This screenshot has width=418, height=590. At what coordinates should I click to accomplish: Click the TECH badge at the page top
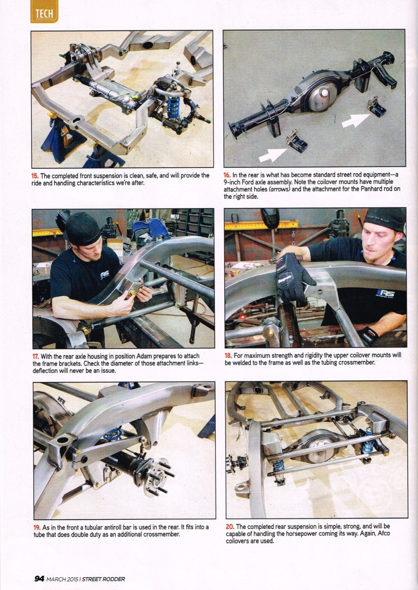tap(44, 12)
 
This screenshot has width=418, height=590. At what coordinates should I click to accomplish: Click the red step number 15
tap(35, 176)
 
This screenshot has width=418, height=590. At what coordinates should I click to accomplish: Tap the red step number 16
tap(227, 175)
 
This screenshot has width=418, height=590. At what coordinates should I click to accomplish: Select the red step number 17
tap(35, 356)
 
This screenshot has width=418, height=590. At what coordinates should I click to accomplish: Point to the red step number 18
tap(228, 355)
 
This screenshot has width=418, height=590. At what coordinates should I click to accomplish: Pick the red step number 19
tap(37, 527)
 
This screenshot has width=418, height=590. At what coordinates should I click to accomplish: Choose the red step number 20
tap(229, 527)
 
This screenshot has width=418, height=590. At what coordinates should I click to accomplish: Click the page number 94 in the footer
tap(39, 578)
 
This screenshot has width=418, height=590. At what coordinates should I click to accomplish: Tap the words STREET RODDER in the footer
tap(103, 579)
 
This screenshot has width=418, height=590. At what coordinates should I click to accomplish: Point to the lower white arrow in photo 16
tap(273, 154)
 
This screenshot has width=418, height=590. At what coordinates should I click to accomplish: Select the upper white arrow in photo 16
tap(356, 120)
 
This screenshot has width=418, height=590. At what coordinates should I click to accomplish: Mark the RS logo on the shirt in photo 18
tap(385, 293)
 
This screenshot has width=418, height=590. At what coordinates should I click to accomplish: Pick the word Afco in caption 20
tap(383, 534)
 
